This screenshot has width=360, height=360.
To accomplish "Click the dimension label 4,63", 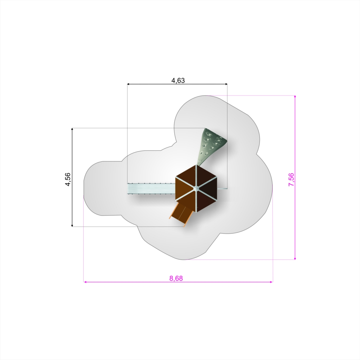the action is pyautogui.click(x=178, y=81).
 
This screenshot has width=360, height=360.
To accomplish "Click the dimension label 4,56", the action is pyautogui.click(x=68, y=179).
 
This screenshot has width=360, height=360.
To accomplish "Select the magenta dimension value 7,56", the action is pyautogui.click(x=291, y=180).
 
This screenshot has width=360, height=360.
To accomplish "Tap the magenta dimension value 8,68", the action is pyautogui.click(x=176, y=278).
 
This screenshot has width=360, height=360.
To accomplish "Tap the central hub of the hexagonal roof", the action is pyautogui.click(x=196, y=189).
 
